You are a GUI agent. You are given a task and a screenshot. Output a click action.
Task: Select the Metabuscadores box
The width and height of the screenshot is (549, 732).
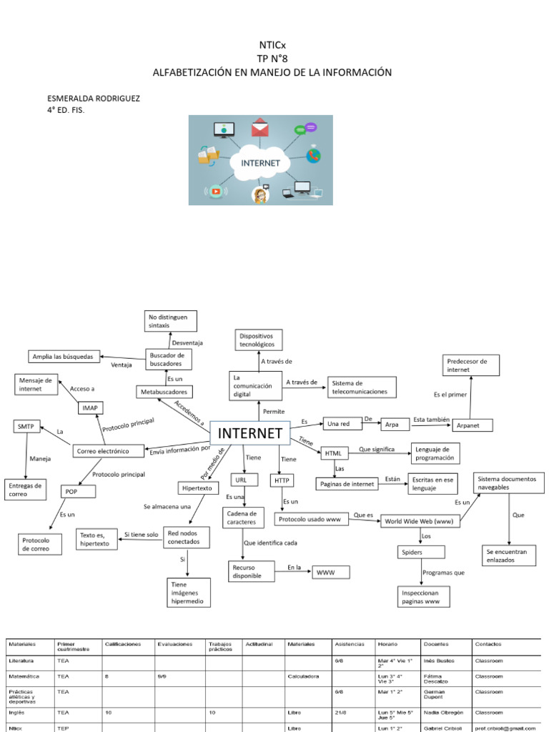[165, 392]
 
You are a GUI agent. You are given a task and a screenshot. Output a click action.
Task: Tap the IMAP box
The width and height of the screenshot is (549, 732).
[91, 407]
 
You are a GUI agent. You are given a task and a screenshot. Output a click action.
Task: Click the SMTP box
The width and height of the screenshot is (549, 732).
[26, 426]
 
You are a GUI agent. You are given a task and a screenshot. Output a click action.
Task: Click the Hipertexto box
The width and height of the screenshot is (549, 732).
[198, 488]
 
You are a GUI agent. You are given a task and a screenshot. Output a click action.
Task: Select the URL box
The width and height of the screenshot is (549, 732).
[241, 480]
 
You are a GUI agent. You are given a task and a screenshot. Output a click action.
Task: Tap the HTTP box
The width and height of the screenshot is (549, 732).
[279, 480]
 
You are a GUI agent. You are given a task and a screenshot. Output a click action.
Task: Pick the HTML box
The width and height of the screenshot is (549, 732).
[334, 453]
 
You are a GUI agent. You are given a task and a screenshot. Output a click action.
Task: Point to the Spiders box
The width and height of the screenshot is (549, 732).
[421, 552]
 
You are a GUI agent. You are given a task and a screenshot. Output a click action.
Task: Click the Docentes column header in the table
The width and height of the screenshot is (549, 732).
[436, 644]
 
